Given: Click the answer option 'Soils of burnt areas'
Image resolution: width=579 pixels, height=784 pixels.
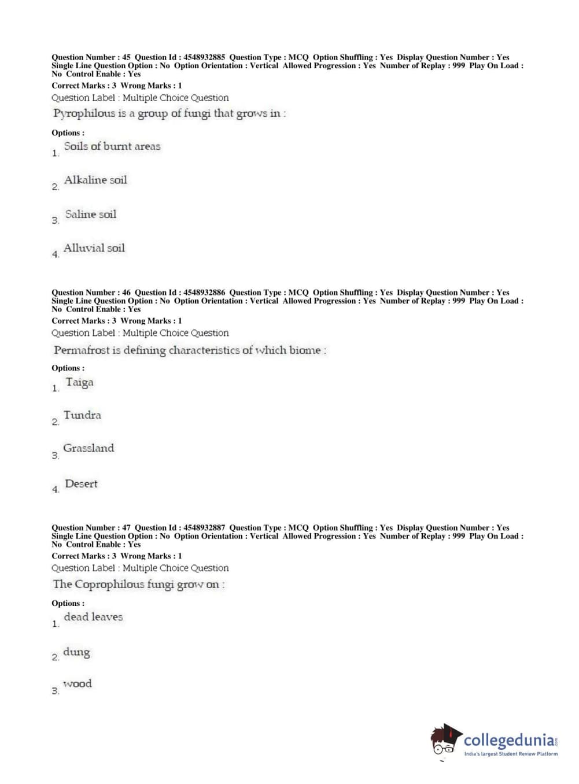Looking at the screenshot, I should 112,147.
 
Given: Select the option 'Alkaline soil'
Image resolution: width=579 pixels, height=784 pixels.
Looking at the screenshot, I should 95,180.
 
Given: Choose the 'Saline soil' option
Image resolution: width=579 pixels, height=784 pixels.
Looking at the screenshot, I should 90,215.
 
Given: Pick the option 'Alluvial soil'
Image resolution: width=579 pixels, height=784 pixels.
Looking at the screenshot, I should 94,249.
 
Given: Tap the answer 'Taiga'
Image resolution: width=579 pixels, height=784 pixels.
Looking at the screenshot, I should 79,383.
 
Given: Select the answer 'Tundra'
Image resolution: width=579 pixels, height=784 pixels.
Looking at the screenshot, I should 82,415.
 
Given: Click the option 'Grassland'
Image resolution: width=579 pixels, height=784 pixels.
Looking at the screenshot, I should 88,448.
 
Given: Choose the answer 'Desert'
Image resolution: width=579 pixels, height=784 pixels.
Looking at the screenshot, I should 81,484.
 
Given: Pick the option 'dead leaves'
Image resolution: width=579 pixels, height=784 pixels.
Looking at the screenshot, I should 93,617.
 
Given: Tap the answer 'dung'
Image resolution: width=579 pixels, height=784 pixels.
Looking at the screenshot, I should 76,652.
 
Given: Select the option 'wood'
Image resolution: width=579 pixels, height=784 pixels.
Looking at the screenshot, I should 78,684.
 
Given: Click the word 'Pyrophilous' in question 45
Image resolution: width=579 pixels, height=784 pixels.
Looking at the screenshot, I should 84,114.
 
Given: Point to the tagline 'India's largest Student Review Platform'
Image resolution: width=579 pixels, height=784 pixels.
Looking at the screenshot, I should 511,754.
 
